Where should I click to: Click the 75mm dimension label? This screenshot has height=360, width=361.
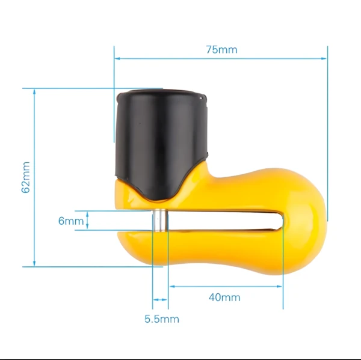pyautogui.click(x=221, y=50)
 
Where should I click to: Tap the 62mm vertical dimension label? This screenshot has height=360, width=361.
pyautogui.click(x=26, y=177)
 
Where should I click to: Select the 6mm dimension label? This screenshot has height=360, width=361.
pyautogui.click(x=71, y=221)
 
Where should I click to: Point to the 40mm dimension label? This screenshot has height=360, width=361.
pyautogui.click(x=224, y=297)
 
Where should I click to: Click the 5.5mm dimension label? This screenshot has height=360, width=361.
pyautogui.click(x=162, y=319)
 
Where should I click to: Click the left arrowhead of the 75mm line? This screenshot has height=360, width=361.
pyautogui.click(x=117, y=58)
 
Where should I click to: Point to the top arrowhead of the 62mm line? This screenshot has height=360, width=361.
pyautogui.click(x=34, y=92)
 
